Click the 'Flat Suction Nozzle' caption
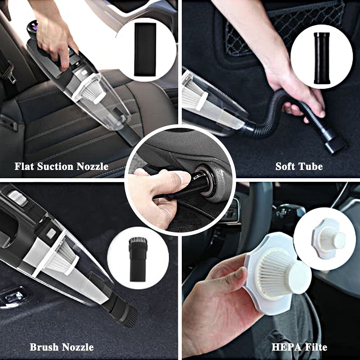coord(61,166)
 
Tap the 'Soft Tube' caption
coord(299,166)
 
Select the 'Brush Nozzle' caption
coord(62,347)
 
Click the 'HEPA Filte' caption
coord(299,347)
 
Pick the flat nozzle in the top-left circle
coord(145,49)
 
